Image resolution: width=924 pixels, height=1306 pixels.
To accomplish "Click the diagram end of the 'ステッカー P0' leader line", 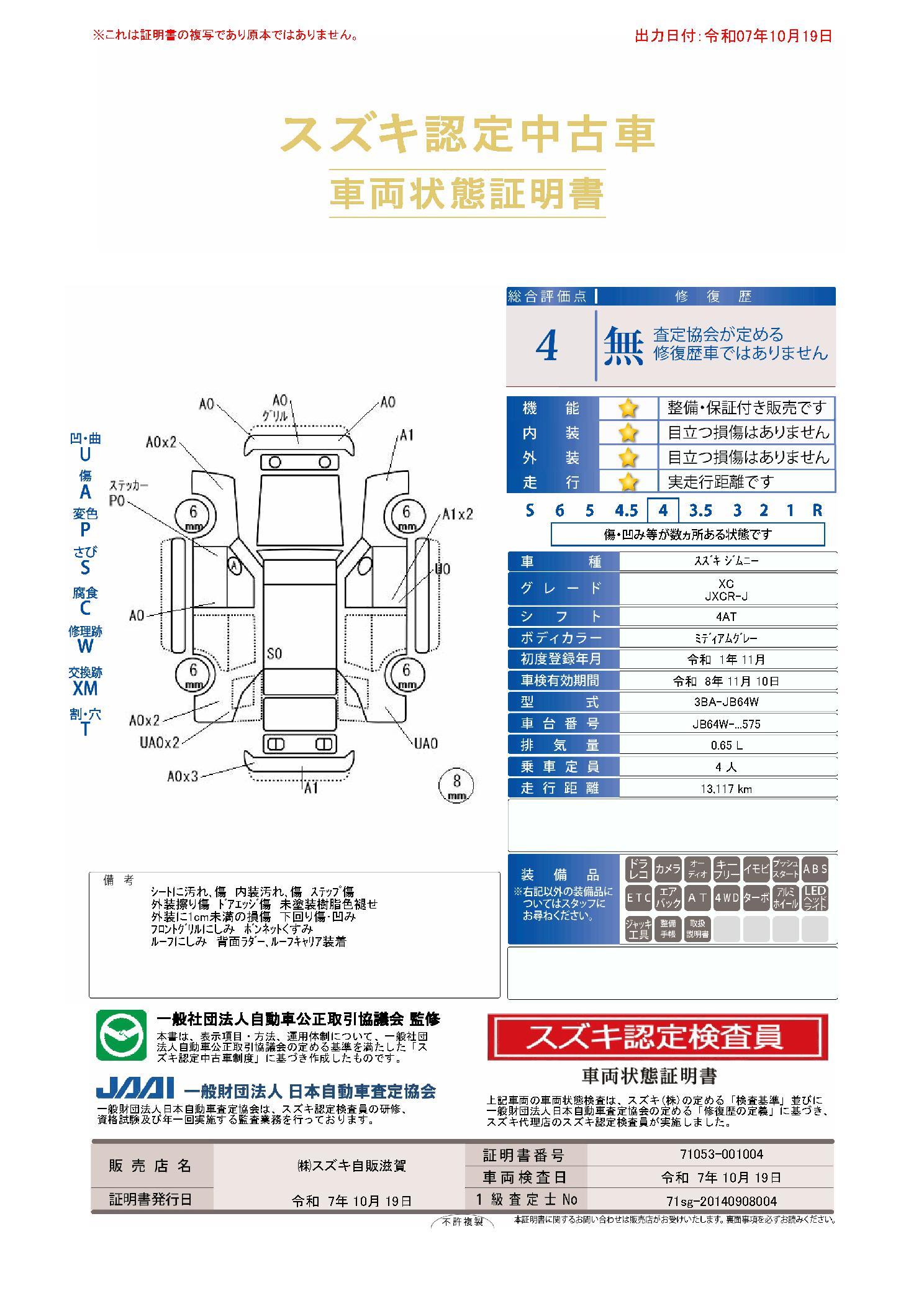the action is [x=218, y=555].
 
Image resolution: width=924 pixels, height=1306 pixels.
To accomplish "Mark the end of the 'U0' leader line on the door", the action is [x=399, y=601].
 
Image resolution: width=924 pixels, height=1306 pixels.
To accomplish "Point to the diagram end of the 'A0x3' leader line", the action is [x=247, y=766].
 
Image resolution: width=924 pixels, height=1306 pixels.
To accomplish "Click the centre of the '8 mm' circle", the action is [x=456, y=785].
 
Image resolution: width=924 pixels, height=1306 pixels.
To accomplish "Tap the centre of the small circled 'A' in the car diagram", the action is [x=233, y=566].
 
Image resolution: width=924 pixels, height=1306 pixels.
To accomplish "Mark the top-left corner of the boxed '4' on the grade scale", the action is [x=648, y=498].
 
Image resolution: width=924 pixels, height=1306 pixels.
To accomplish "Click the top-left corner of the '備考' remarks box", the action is [x=89, y=872].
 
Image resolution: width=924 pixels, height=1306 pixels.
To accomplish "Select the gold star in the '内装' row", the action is [x=628, y=432].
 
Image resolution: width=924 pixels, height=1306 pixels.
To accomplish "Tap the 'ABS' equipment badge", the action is [x=815, y=869].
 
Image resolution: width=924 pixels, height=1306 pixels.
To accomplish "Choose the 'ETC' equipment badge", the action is [x=638, y=898].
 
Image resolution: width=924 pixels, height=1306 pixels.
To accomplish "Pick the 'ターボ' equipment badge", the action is [x=756, y=898].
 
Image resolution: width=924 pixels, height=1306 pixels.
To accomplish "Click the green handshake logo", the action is [x=121, y=1035].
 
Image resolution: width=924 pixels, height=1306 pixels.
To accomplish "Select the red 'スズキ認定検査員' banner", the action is [x=658, y=1037].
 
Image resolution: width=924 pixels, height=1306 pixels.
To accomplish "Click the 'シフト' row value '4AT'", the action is [x=725, y=617].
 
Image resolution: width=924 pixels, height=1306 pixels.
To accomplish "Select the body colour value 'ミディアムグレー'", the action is [x=725, y=638].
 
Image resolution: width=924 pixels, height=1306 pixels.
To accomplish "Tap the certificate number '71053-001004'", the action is [x=721, y=1154].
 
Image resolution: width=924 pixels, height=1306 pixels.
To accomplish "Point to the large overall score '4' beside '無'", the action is [x=546, y=347].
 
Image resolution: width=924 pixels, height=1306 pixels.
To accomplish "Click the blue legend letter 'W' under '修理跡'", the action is [x=85, y=646].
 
